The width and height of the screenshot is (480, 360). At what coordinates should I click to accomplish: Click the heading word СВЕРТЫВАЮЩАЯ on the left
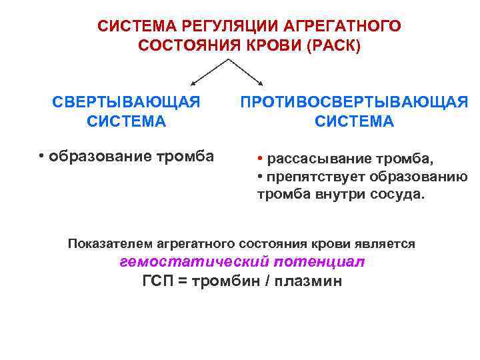point(127,103)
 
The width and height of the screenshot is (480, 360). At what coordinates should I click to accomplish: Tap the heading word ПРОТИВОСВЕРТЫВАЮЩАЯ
point(354,103)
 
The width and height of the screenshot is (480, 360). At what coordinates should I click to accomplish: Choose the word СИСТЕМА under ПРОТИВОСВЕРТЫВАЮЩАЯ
point(354,122)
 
